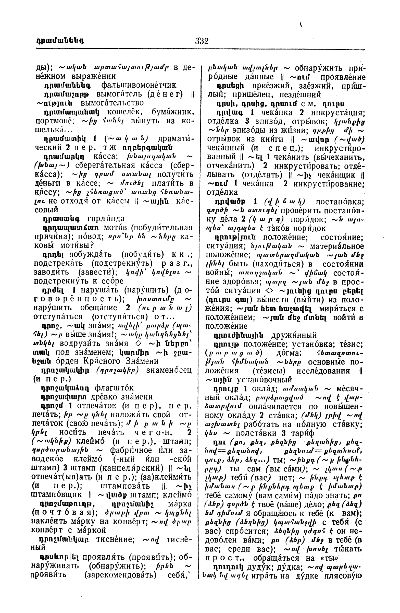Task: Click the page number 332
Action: pos(202,41)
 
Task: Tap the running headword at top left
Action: pos(60,41)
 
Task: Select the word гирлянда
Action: pos(106,219)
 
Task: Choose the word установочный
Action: pos(264,379)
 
